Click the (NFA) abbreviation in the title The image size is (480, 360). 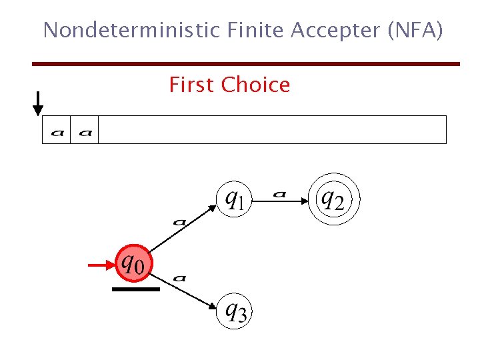414,30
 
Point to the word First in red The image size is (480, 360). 192,85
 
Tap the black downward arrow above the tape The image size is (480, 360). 39,103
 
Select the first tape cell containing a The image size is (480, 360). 57,130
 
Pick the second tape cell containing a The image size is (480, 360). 85,130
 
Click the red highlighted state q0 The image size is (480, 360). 134,265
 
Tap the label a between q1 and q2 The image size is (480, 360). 279,193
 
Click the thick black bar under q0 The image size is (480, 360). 136,289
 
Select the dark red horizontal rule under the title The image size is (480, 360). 246,64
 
